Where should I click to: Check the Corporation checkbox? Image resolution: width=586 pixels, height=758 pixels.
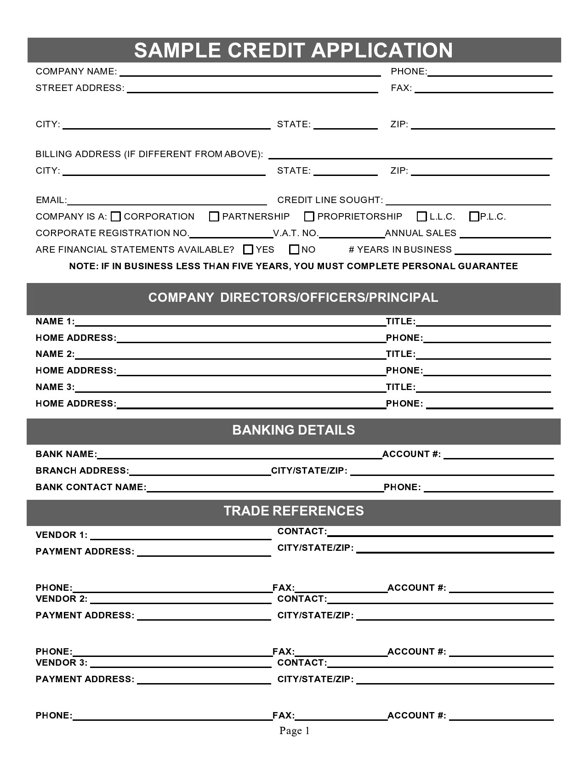click(x=116, y=216)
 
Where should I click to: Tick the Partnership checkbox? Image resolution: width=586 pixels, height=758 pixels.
click(x=214, y=216)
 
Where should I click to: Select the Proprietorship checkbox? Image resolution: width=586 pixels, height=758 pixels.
click(x=309, y=216)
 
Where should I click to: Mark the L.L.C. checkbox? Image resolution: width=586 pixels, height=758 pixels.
click(x=421, y=216)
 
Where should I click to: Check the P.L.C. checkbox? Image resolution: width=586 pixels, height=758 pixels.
click(x=474, y=216)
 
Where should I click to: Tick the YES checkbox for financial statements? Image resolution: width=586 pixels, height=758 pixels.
click(x=248, y=249)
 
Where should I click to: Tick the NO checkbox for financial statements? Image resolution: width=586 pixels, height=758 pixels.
click(x=294, y=249)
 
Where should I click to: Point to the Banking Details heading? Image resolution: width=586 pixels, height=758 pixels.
click(x=293, y=430)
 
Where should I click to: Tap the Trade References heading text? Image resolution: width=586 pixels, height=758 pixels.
click(x=293, y=511)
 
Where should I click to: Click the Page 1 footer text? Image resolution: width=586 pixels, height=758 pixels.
click(x=294, y=730)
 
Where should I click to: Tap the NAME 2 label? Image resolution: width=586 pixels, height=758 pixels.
click(x=55, y=354)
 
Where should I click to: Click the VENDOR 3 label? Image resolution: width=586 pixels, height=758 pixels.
click(x=61, y=662)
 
